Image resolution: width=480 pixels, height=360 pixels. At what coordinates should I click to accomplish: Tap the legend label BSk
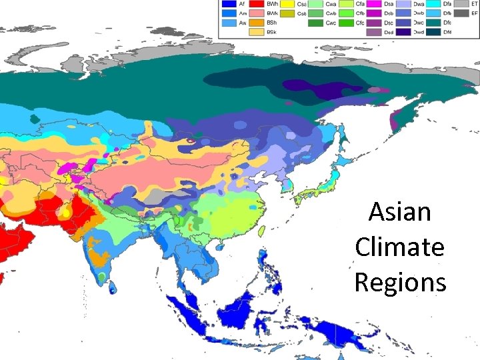[x=273, y=31]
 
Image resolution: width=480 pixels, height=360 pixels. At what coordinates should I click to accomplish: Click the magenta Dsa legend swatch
[x=376, y=4]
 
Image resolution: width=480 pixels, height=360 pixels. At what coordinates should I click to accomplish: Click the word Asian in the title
[x=399, y=213]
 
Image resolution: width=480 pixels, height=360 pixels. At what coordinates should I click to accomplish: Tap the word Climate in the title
[x=399, y=247]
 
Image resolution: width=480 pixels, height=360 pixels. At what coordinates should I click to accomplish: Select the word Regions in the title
[x=399, y=282]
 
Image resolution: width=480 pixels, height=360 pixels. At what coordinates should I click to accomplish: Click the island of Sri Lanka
[x=113, y=286]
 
